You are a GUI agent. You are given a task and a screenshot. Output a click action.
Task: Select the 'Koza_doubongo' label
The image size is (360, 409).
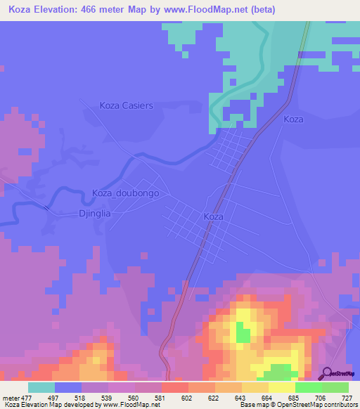[126, 193]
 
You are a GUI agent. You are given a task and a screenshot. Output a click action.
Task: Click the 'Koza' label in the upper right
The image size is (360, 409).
[293, 119]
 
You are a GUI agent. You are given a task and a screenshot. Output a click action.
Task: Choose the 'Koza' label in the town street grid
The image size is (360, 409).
[213, 217]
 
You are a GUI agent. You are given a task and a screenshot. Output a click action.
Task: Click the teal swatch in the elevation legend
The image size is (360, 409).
[41, 387]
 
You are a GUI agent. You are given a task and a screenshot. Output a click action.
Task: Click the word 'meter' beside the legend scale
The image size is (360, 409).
[10, 398]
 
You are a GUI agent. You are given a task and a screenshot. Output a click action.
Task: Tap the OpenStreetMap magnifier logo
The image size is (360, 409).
[327, 373]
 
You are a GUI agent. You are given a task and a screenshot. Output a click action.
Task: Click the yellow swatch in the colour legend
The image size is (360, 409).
[281, 387]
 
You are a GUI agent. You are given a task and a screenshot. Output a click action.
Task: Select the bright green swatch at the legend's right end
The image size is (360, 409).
[335, 387]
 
